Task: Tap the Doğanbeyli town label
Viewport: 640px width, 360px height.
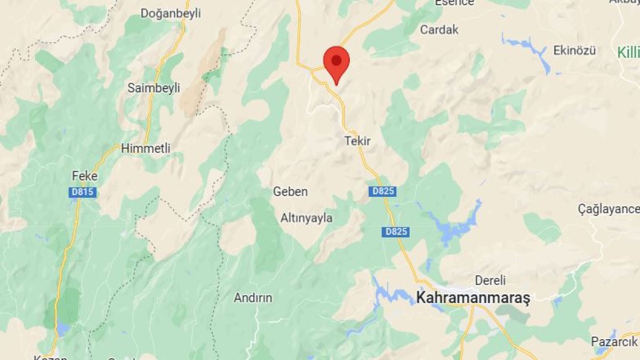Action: (171, 13)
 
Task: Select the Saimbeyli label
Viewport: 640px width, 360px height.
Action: (154, 88)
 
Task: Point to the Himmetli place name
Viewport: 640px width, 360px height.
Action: (146, 149)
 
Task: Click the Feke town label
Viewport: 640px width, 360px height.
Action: (85, 175)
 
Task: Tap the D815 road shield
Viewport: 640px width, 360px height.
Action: (83, 193)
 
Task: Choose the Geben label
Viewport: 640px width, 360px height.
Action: (290, 191)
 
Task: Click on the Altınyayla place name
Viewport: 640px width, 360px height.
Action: (307, 218)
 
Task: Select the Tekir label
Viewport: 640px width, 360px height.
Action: (357, 141)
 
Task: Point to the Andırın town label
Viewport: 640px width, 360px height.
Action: (253, 298)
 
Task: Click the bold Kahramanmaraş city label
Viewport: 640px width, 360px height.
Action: (473, 298)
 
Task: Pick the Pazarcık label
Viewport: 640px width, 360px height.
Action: (614, 341)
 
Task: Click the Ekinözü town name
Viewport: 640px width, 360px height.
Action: (574, 51)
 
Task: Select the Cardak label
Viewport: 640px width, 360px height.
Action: (439, 29)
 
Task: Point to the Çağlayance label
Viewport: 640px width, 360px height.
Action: (609, 209)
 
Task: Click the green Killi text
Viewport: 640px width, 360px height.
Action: (628, 52)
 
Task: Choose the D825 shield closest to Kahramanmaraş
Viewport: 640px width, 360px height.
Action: (396, 231)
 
